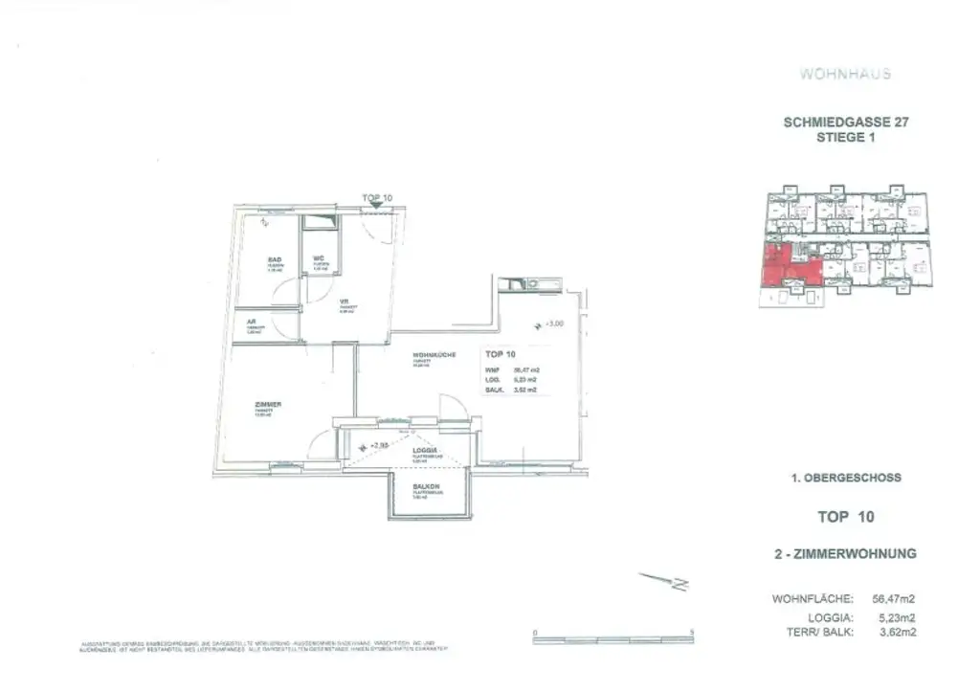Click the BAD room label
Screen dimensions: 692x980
click(273, 259)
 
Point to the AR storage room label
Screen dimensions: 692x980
click(252, 323)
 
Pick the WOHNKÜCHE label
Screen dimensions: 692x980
click(434, 355)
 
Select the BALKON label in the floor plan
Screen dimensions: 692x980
click(426, 486)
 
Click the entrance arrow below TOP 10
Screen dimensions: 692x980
click(378, 204)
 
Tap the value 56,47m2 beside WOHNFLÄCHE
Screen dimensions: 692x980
click(896, 599)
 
